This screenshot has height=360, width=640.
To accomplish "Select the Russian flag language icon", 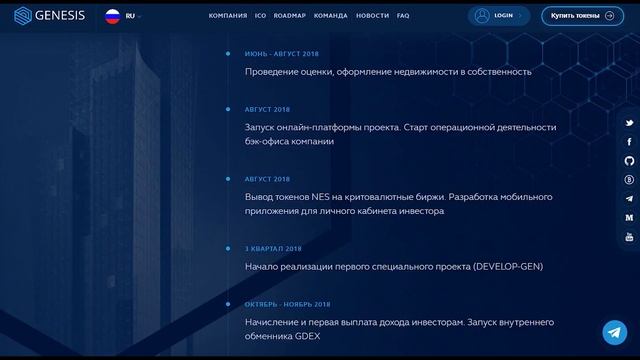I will [113, 16].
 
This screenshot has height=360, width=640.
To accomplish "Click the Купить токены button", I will [582, 16].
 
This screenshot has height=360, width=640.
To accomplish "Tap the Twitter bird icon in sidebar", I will [629, 123].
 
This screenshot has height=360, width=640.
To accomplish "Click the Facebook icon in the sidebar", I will [629, 142].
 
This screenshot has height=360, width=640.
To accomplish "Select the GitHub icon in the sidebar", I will [629, 161].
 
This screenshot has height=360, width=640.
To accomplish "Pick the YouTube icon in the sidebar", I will [629, 237].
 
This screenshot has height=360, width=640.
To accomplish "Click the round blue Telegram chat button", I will [615, 332].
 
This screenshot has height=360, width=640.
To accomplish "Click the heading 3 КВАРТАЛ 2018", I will [273, 248].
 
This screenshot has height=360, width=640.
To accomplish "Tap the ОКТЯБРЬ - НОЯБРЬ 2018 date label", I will [287, 304].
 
